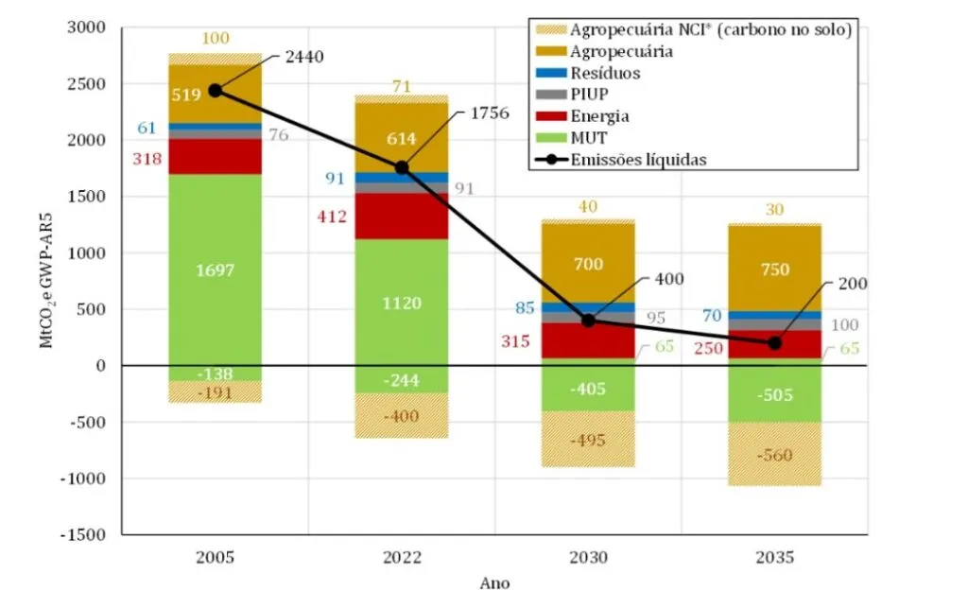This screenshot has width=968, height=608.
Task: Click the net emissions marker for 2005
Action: pyautogui.click(x=216, y=91)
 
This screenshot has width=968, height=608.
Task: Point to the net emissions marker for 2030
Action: pyautogui.click(x=588, y=321)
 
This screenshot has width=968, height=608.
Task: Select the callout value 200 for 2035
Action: pyautogui.click(x=852, y=284)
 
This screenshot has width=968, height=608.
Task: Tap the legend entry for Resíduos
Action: pyautogui.click(x=605, y=73)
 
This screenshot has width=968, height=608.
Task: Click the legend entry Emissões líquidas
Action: pyautogui.click(x=638, y=160)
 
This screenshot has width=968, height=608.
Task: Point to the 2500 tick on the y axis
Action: pyautogui.click(x=87, y=84)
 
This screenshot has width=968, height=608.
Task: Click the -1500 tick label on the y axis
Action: pyautogui.click(x=84, y=534)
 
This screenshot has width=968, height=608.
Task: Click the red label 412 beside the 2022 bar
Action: pyautogui.click(x=332, y=217)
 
